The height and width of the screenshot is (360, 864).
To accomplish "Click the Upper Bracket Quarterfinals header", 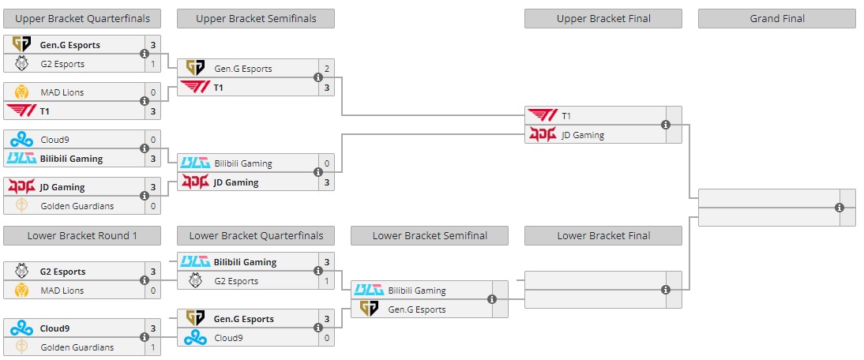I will [x=82, y=18].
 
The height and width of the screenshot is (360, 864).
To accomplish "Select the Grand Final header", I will [x=776, y=18].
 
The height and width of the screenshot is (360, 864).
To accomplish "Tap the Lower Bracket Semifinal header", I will [x=429, y=235].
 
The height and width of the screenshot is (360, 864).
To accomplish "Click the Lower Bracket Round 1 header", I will [x=82, y=235].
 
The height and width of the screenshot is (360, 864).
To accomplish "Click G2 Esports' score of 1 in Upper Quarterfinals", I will [x=152, y=64].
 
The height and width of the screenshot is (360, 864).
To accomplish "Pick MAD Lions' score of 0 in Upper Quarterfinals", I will [x=152, y=92].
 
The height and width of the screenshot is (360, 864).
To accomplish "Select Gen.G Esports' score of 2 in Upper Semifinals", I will [x=326, y=69].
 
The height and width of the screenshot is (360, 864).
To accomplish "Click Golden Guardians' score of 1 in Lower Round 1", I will [x=152, y=347].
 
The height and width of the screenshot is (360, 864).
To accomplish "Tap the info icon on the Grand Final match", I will [x=840, y=208].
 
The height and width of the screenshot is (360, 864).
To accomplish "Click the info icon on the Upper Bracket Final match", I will [x=666, y=125].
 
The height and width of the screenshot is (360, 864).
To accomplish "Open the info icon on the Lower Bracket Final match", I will [x=666, y=290].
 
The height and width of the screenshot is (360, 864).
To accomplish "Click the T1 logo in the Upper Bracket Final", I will [x=542, y=116].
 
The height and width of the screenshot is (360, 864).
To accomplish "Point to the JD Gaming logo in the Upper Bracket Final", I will [x=542, y=135].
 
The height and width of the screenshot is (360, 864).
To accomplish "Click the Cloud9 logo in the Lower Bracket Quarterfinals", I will [x=195, y=338].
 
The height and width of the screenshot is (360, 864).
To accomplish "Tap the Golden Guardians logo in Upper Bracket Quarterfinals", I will [x=21, y=206].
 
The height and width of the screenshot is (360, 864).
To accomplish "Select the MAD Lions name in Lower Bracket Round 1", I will [x=62, y=291].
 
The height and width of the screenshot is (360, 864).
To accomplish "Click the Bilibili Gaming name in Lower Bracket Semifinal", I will [x=417, y=291].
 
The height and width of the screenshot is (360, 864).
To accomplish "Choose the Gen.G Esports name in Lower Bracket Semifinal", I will [x=417, y=309].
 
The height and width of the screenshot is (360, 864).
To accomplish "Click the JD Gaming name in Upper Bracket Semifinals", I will [x=236, y=182].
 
